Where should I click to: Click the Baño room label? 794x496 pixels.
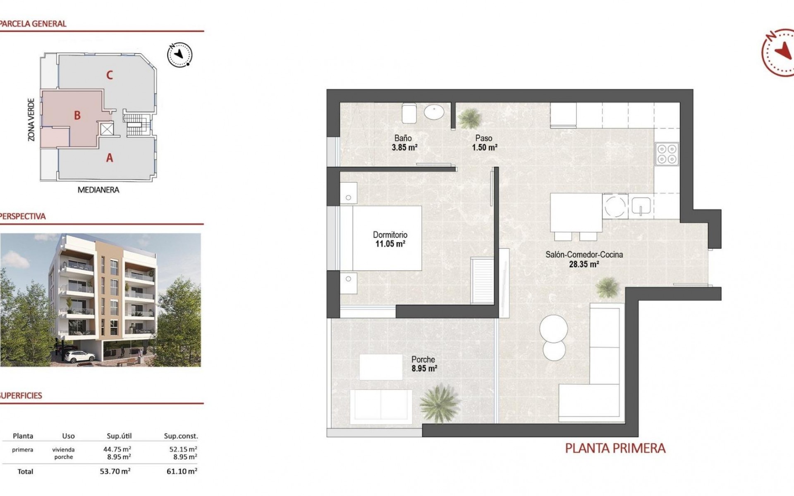point(402,138)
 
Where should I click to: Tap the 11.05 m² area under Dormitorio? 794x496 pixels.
point(390,244)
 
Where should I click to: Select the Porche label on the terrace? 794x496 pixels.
point(423,360)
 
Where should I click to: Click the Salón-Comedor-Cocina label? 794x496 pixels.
point(584,255)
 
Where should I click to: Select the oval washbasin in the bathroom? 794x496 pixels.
point(434,112)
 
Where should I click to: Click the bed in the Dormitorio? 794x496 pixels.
point(387,238)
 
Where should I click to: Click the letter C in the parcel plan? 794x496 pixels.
point(109,75)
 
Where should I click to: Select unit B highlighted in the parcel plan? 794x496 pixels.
point(77,115)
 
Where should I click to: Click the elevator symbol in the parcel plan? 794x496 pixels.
point(107,129)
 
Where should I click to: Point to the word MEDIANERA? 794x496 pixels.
point(98,190)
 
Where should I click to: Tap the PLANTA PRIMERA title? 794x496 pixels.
point(615,448)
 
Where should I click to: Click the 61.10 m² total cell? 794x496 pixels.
point(182,471)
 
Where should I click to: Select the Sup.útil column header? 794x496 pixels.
point(119,436)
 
